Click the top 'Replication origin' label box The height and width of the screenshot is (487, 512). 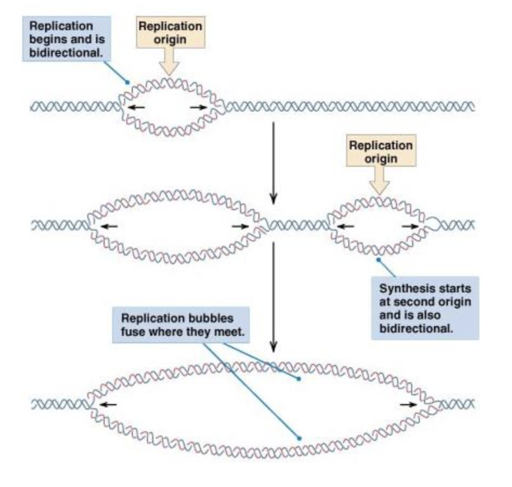pos(171,33)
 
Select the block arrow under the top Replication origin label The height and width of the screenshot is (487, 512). pos(169,62)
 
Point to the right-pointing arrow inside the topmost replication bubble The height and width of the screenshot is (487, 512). pos(198,107)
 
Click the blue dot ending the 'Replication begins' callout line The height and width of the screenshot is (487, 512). pos(127,82)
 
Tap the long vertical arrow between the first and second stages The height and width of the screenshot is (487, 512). pos(273,163)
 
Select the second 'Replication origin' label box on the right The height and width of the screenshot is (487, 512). pos(381,151)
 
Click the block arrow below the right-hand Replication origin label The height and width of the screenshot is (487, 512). pos(379,181)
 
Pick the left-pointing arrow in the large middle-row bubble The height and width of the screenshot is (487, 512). pos(109,226)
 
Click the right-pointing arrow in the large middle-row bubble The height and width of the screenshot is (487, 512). pos(240,226)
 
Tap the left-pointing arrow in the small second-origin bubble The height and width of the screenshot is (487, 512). pos(345,226)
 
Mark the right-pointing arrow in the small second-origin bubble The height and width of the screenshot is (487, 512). pos(410,226)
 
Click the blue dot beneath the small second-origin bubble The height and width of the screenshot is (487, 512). pos(378,260)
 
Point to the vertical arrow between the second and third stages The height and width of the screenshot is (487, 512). pos(273,297)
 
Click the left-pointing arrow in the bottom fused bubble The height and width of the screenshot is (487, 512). pos(108,404)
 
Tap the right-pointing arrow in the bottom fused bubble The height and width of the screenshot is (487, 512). pos(408,404)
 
